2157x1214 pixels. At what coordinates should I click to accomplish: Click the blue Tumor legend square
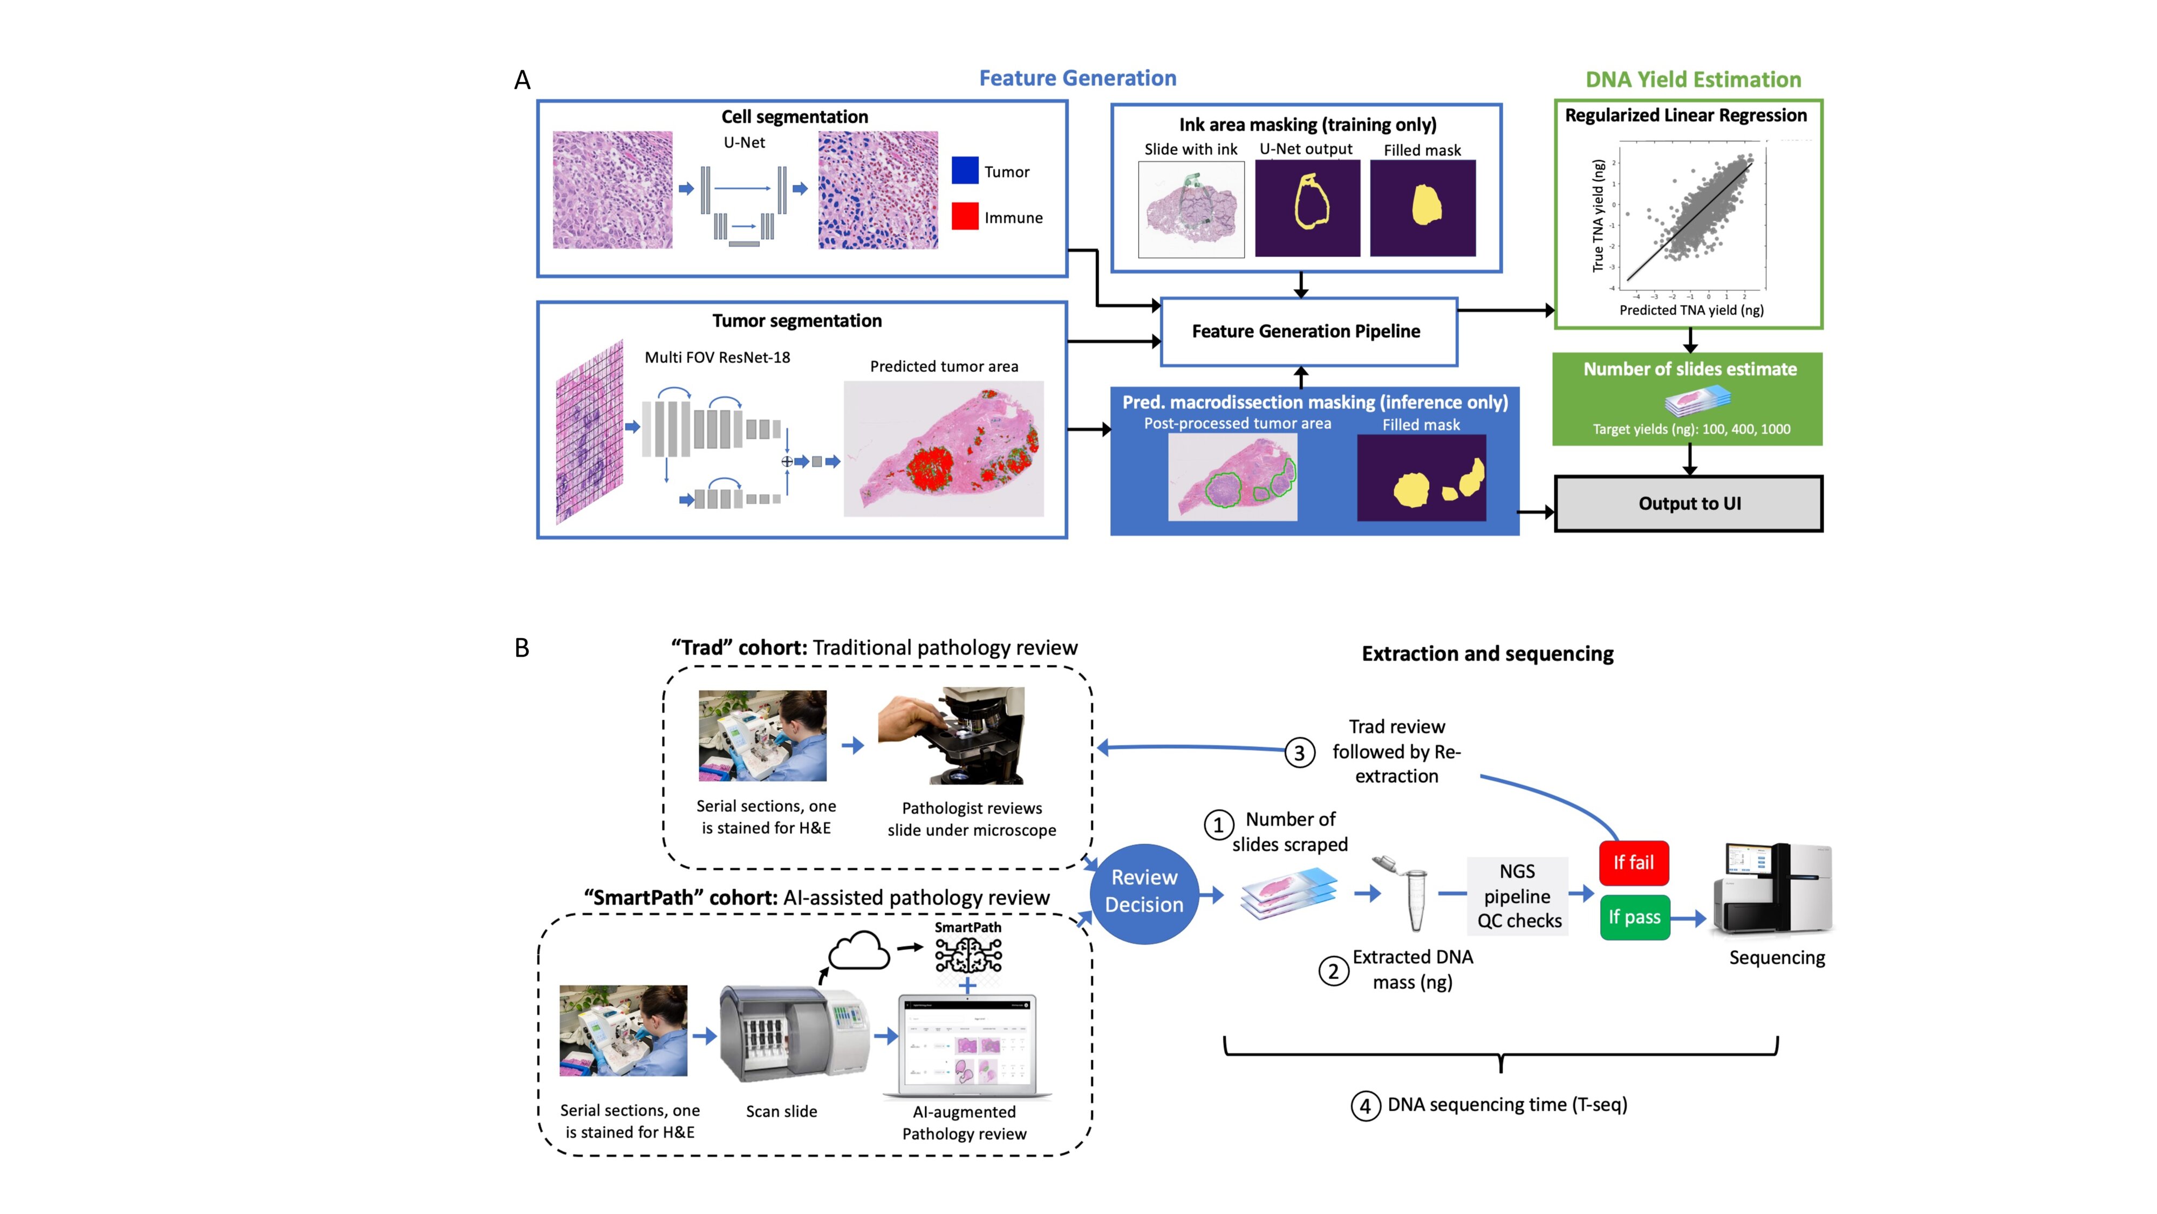click(x=965, y=171)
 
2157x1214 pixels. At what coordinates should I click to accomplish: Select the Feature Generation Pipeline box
click(x=1308, y=331)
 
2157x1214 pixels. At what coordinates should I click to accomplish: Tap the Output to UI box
click(x=1688, y=503)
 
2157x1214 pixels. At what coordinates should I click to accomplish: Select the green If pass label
click(x=1634, y=917)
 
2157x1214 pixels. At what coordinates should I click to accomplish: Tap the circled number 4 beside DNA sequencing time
click(x=1365, y=1106)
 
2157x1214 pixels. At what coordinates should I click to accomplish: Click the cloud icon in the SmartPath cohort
click(x=858, y=952)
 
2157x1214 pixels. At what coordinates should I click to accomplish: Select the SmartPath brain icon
click(x=968, y=954)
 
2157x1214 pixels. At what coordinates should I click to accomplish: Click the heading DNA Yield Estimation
click(x=1692, y=79)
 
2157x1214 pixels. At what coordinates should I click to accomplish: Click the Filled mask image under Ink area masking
click(x=1422, y=208)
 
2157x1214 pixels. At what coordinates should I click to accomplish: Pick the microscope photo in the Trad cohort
click(x=951, y=736)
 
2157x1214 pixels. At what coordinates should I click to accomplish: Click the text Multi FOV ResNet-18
click(x=717, y=358)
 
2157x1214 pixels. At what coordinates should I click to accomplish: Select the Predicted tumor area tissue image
click(x=943, y=449)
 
